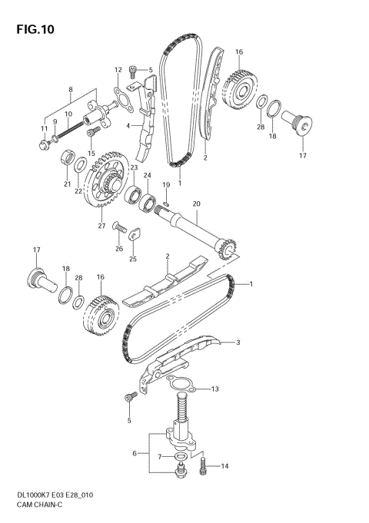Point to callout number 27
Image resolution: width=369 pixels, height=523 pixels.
click(101, 226)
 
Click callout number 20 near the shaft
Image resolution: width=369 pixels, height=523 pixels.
click(196, 204)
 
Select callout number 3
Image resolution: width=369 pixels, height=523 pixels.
click(238, 343)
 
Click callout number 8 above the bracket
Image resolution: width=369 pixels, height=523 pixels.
click(71, 89)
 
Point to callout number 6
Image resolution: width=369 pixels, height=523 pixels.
click(135, 454)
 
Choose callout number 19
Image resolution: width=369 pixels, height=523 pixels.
click(166, 185)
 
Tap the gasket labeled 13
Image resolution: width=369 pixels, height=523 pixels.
click(178, 384)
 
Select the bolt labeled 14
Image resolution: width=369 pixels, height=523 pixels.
click(203, 465)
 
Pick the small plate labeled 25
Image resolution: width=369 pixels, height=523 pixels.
click(134, 234)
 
